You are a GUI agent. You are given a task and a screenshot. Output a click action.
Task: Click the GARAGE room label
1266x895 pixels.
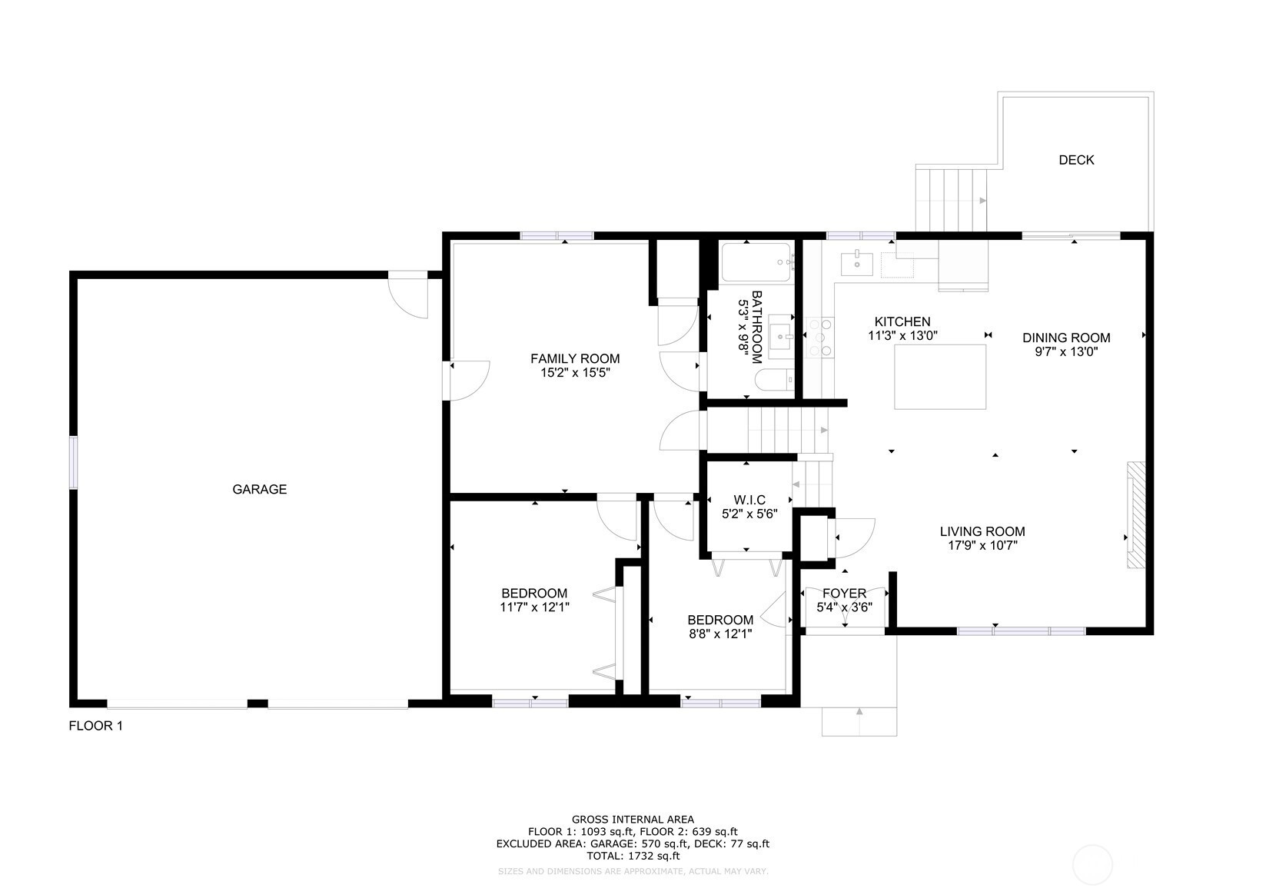click(259, 489)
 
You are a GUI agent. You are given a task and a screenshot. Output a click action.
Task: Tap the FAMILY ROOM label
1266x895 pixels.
click(575, 358)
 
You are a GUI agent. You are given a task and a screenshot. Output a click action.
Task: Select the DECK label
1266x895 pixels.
click(1076, 160)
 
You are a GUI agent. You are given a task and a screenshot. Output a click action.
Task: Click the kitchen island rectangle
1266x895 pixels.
click(940, 377)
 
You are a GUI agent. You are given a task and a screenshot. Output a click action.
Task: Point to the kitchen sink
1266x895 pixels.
click(857, 264)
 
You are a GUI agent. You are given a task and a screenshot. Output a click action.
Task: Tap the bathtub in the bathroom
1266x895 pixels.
click(756, 261)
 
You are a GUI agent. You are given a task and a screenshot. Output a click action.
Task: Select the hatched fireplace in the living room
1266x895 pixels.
click(1136, 515)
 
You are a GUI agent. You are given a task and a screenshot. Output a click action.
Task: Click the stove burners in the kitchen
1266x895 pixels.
click(820, 338)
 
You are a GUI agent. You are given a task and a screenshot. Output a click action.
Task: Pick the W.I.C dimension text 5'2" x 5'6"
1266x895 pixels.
click(749, 514)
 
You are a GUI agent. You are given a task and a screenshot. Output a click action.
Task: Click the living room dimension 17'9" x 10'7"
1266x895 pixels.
click(982, 546)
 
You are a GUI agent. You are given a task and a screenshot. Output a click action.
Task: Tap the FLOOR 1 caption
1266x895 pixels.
click(95, 725)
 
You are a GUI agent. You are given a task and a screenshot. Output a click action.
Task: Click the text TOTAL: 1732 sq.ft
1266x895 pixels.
click(633, 856)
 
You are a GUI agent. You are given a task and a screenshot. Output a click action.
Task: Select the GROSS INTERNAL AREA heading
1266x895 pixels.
click(633, 819)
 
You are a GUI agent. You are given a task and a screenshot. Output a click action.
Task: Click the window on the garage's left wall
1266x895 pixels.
click(74, 462)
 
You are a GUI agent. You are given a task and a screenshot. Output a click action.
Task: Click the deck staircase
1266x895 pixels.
click(952, 198)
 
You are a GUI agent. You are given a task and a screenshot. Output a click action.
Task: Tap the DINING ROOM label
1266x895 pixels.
click(1066, 338)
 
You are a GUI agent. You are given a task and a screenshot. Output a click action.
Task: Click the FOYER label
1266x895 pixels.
click(844, 593)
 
